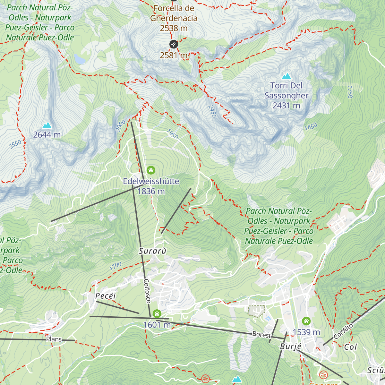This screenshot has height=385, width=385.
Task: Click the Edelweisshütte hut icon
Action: [151, 170]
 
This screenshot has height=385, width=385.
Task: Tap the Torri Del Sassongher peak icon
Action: [286, 76]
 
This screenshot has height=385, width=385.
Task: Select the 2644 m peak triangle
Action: [47, 125]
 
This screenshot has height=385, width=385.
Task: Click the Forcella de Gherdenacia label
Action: [174, 13]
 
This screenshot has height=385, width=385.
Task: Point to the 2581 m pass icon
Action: [173, 44]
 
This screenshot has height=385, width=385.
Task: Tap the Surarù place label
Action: [153, 251]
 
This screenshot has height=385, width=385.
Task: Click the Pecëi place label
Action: [106, 296]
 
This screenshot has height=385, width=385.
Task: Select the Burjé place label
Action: [291, 346]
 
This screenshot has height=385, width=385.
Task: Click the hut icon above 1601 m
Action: [157, 313]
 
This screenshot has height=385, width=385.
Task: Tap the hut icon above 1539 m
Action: [306, 321]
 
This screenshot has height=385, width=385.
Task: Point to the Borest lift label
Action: [261, 335]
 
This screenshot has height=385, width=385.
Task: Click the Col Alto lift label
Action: [343, 331]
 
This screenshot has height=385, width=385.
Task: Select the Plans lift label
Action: [54, 339]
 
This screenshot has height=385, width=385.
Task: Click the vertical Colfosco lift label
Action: [147, 291]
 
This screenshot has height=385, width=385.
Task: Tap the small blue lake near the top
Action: [79, 59]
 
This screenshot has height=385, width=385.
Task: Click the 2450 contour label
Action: [212, 111]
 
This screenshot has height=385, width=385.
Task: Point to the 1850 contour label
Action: [311, 126]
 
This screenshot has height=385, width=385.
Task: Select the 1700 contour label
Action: [116, 266]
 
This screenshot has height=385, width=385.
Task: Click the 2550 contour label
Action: [15, 144]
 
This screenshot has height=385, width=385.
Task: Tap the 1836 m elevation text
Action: [151, 192]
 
